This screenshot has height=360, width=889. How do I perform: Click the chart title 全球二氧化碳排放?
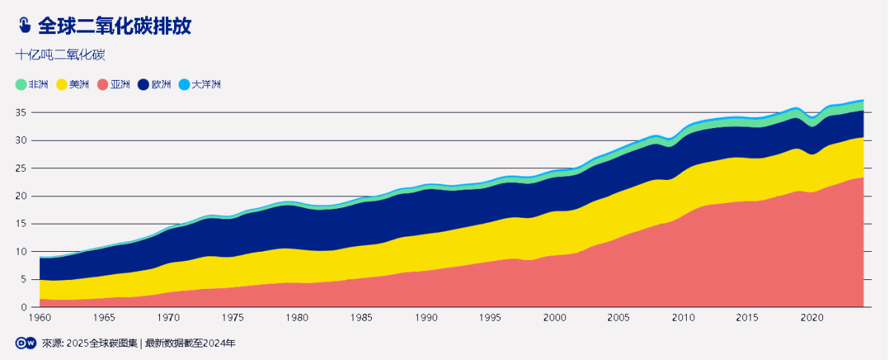[x=115, y=26]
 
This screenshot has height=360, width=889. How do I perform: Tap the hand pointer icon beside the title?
[x=24, y=26]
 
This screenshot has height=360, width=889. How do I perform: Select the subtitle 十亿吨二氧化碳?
[x=60, y=55]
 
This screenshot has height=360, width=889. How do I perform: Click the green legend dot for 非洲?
[x=21, y=84]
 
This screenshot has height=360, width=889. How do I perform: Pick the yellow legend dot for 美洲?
[x=61, y=84]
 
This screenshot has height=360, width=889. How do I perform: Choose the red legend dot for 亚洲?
[x=103, y=84]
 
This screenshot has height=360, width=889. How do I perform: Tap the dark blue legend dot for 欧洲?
[x=144, y=84]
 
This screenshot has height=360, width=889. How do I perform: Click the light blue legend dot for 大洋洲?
[x=184, y=84]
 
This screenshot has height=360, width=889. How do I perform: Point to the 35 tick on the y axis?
[x=21, y=113]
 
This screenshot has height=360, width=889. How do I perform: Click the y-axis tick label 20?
[x=21, y=196]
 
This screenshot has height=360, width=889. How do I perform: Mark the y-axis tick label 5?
[x=24, y=279]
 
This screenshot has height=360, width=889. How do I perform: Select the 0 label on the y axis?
[x=24, y=307]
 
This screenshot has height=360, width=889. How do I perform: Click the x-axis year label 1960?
[x=40, y=318]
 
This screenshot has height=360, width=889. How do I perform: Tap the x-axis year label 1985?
[x=362, y=318]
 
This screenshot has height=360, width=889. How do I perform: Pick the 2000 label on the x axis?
[x=556, y=318]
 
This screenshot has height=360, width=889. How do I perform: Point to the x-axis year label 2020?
[x=813, y=318]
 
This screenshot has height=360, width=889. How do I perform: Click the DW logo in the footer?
[x=26, y=343]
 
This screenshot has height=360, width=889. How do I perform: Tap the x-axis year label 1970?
[x=169, y=318]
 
